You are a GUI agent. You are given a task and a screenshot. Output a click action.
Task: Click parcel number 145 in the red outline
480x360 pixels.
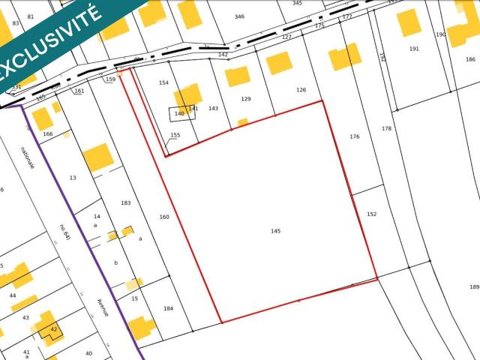(x=275, y=231)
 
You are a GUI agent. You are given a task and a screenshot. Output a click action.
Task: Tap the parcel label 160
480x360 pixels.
(x=164, y=217)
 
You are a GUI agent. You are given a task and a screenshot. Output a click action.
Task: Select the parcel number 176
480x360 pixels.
(x=355, y=136)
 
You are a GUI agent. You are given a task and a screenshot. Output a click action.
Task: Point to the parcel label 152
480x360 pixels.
(x=371, y=214)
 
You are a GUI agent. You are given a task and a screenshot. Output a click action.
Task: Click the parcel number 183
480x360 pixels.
(x=126, y=203)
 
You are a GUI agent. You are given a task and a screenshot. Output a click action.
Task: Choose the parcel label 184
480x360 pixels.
(x=168, y=309)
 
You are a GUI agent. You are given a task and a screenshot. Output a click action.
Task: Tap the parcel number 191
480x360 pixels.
(x=414, y=49)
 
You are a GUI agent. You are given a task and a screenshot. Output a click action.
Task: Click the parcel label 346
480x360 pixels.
(x=239, y=16)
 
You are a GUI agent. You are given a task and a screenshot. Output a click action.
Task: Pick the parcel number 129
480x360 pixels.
(x=246, y=99)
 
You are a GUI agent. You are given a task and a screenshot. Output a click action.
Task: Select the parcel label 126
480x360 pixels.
(x=301, y=90)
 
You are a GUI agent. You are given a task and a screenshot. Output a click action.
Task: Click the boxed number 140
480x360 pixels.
(x=179, y=113)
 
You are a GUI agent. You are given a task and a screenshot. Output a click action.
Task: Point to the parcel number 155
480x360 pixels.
(x=175, y=136)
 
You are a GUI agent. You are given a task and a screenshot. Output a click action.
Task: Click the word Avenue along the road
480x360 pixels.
(x=103, y=308)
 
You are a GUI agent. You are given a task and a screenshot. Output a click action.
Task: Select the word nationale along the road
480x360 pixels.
(x=28, y=157)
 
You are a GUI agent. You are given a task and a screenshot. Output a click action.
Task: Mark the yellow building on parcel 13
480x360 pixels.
(x=97, y=158)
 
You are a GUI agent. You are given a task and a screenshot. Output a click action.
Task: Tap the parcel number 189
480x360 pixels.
(x=474, y=287)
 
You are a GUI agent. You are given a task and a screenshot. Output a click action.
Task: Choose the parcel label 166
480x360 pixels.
(x=48, y=134)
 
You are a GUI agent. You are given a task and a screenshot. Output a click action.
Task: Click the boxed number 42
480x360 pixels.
(x=53, y=329)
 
